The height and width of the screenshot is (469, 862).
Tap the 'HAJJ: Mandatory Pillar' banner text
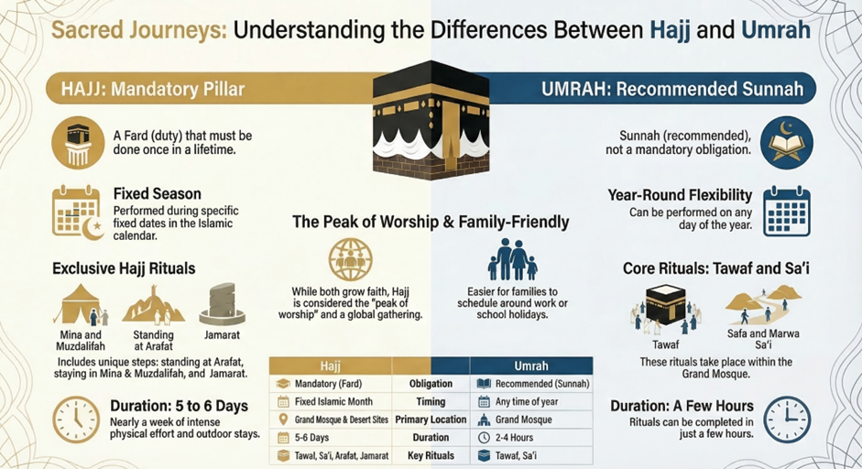coord(153,89)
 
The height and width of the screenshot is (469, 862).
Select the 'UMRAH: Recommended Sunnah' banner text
coord(672,89)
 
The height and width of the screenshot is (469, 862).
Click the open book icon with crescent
coord(787,142)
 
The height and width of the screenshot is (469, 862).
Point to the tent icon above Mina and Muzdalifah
coord(81,304)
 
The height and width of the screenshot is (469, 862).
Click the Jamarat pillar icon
coord(222,304)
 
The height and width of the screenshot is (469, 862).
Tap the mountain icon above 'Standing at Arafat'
coord(153,304)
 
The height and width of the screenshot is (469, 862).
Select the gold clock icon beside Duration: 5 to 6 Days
coord(76,420)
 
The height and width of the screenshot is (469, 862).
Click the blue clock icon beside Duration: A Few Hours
coord(787,420)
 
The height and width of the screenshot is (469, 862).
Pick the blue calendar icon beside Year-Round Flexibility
coord(787,211)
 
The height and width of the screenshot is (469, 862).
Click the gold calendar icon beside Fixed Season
coord(77,213)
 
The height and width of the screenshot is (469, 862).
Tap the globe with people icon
coord(350,259)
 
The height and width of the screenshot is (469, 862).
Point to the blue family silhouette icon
coord(512,259)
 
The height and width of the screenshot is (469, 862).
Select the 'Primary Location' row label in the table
coord(431,420)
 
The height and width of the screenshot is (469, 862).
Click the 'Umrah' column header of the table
coord(531,365)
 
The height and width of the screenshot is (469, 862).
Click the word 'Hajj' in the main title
coord(670,29)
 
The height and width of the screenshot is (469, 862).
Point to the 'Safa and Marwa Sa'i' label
coord(763,339)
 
